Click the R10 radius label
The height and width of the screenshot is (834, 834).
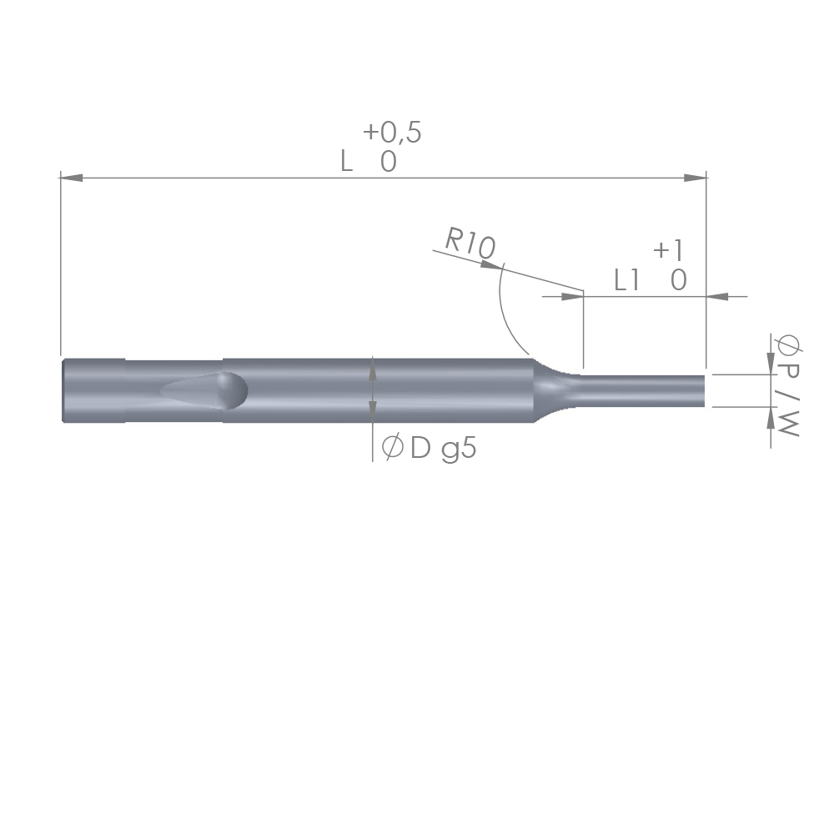coord(470,244)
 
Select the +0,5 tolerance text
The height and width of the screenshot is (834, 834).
coord(392,132)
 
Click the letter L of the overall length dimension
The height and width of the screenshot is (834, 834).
coord(346,161)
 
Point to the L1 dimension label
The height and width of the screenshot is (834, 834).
coord(626,279)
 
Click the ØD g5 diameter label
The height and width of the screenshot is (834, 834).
coord(429,449)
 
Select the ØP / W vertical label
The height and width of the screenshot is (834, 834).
coord(788,385)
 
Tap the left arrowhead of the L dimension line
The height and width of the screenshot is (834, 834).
coord(71,177)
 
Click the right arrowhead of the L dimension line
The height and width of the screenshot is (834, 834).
coord(696,177)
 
